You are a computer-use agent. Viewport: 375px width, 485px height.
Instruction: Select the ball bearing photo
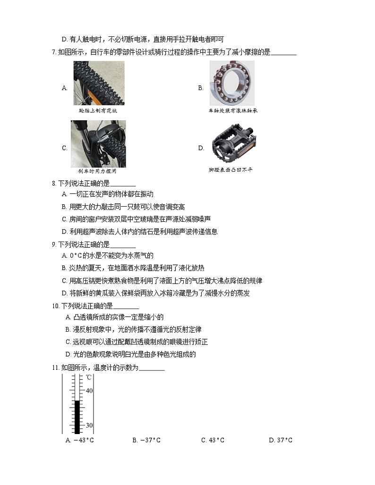coord(231,83)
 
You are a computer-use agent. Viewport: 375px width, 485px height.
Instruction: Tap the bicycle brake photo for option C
coord(98,143)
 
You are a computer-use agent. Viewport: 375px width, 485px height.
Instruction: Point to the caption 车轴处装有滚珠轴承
coord(233,110)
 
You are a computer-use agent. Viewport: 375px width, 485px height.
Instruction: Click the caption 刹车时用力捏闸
coord(97,171)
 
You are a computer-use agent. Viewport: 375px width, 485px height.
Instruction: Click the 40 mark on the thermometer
coord(89,391)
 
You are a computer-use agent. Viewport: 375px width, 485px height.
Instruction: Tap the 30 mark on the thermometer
coord(89,426)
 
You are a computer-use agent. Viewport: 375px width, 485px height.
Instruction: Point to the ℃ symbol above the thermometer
coord(89,378)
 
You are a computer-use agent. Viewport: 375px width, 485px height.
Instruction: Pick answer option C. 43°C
coord(213,441)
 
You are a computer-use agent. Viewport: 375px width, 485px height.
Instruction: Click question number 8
coord(54,183)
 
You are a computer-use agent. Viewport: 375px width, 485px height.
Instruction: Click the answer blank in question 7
coord(284,53)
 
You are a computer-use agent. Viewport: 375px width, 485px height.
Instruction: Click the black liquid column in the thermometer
coord(77,416)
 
